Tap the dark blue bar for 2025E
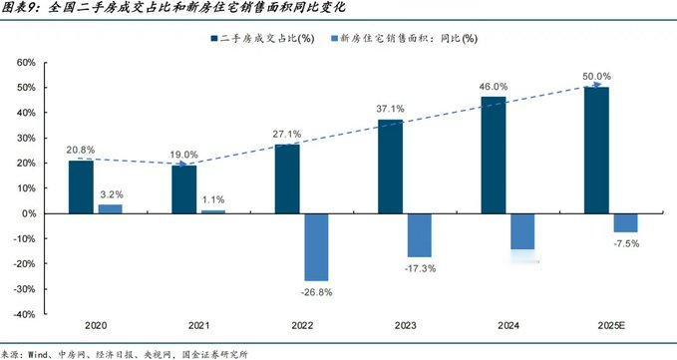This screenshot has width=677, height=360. pos(596,150)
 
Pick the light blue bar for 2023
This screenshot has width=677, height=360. pos(420,235)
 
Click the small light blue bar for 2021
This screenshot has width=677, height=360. pos(213,211)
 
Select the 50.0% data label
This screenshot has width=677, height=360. pos(597,76)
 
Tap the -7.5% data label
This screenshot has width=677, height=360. pos(625,243)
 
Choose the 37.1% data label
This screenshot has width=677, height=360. pos(391,109)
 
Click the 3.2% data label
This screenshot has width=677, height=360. pos(111,193)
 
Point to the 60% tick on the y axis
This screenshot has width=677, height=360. pos(25,62)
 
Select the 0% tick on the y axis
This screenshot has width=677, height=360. pos(29,213)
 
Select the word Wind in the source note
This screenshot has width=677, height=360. pos(39,353)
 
